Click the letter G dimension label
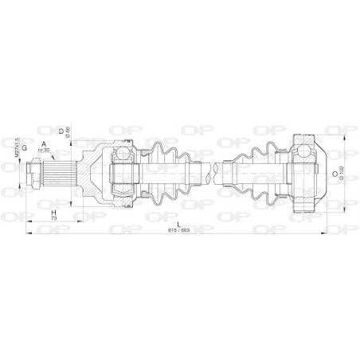click(25, 147)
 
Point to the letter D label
click(61, 129)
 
